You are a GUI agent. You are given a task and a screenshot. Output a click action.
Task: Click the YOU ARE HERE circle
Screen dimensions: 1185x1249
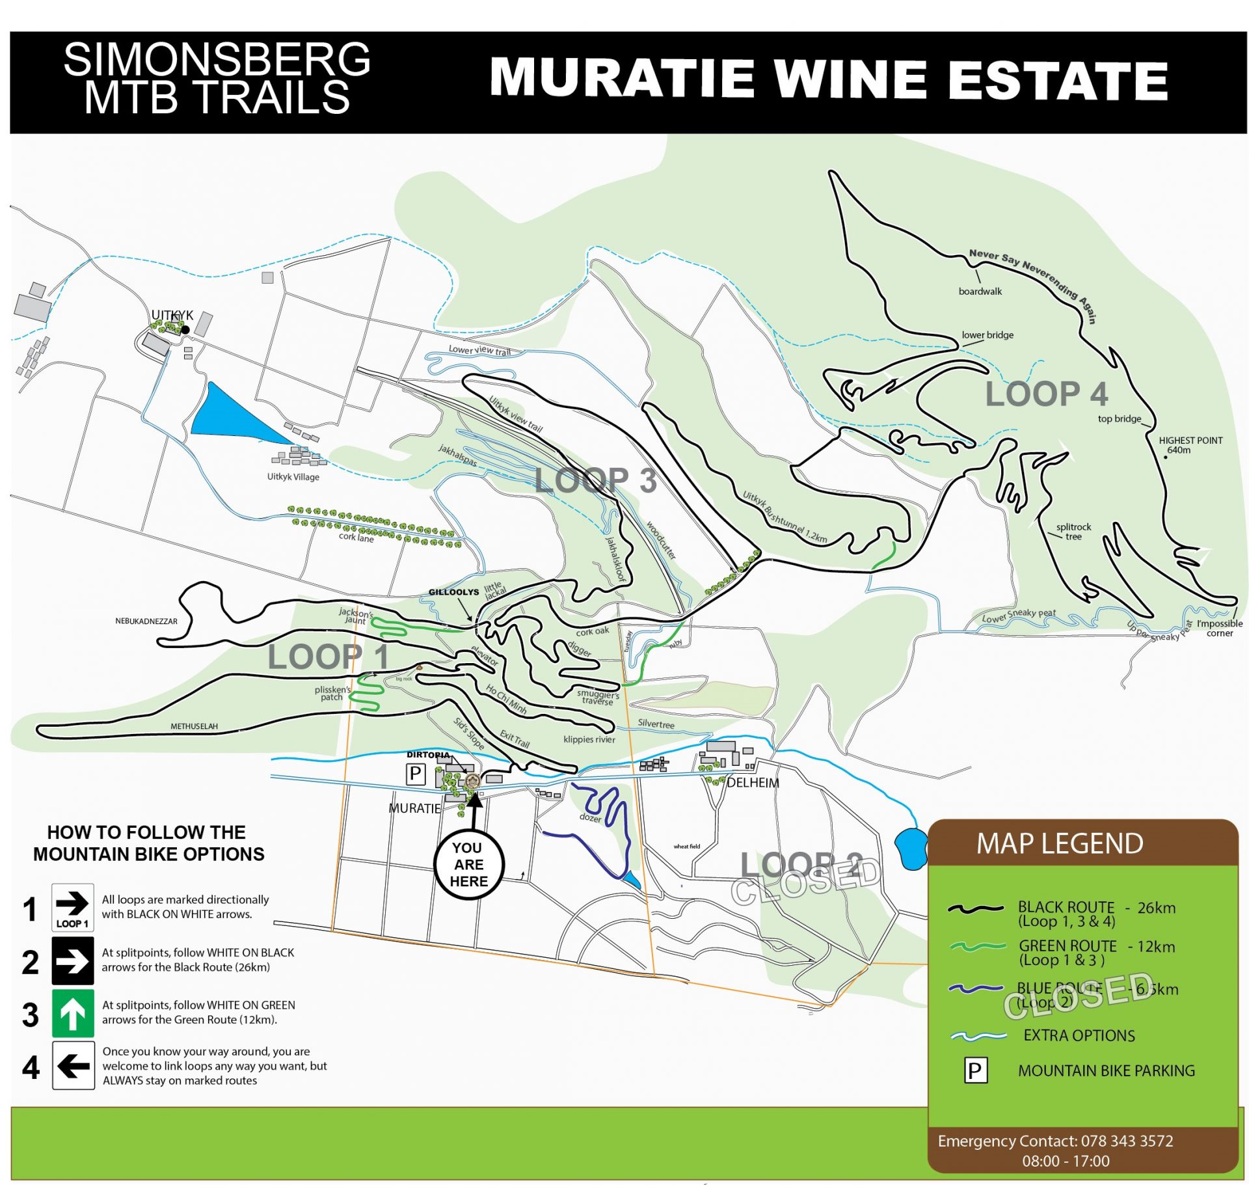468,864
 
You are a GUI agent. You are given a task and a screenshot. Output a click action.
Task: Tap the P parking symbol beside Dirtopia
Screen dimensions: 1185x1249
415,774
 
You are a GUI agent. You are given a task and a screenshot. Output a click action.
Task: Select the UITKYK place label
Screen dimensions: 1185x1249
172,315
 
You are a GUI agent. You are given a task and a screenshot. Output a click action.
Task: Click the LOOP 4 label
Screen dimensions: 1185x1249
1046,394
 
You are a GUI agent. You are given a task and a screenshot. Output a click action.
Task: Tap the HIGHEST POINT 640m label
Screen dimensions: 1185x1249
1190,444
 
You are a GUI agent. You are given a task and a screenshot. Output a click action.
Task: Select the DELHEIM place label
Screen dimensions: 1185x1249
753,782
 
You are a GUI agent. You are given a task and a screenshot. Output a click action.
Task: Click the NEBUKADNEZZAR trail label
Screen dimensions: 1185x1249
146,621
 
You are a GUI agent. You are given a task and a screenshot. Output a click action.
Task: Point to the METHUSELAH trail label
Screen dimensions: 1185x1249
194,726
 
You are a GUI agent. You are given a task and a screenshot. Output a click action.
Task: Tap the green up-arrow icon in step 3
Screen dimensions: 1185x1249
72,1013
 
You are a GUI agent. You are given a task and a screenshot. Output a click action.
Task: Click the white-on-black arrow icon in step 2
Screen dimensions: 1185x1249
72,960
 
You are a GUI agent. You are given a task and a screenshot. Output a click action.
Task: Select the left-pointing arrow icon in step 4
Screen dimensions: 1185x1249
72,1065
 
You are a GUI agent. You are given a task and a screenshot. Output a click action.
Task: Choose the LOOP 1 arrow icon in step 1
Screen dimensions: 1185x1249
72,906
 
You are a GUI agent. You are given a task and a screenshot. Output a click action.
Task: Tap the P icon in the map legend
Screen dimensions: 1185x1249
974,1070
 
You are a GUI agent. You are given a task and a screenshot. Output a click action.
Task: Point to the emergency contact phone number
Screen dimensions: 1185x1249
1127,1141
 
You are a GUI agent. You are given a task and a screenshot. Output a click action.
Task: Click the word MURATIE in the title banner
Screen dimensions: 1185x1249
621,79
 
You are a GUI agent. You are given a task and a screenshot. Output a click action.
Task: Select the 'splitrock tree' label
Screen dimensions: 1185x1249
1073,531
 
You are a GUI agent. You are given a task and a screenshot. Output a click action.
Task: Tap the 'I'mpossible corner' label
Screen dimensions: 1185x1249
1219,628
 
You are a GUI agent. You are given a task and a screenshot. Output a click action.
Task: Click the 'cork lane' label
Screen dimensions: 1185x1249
356,538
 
